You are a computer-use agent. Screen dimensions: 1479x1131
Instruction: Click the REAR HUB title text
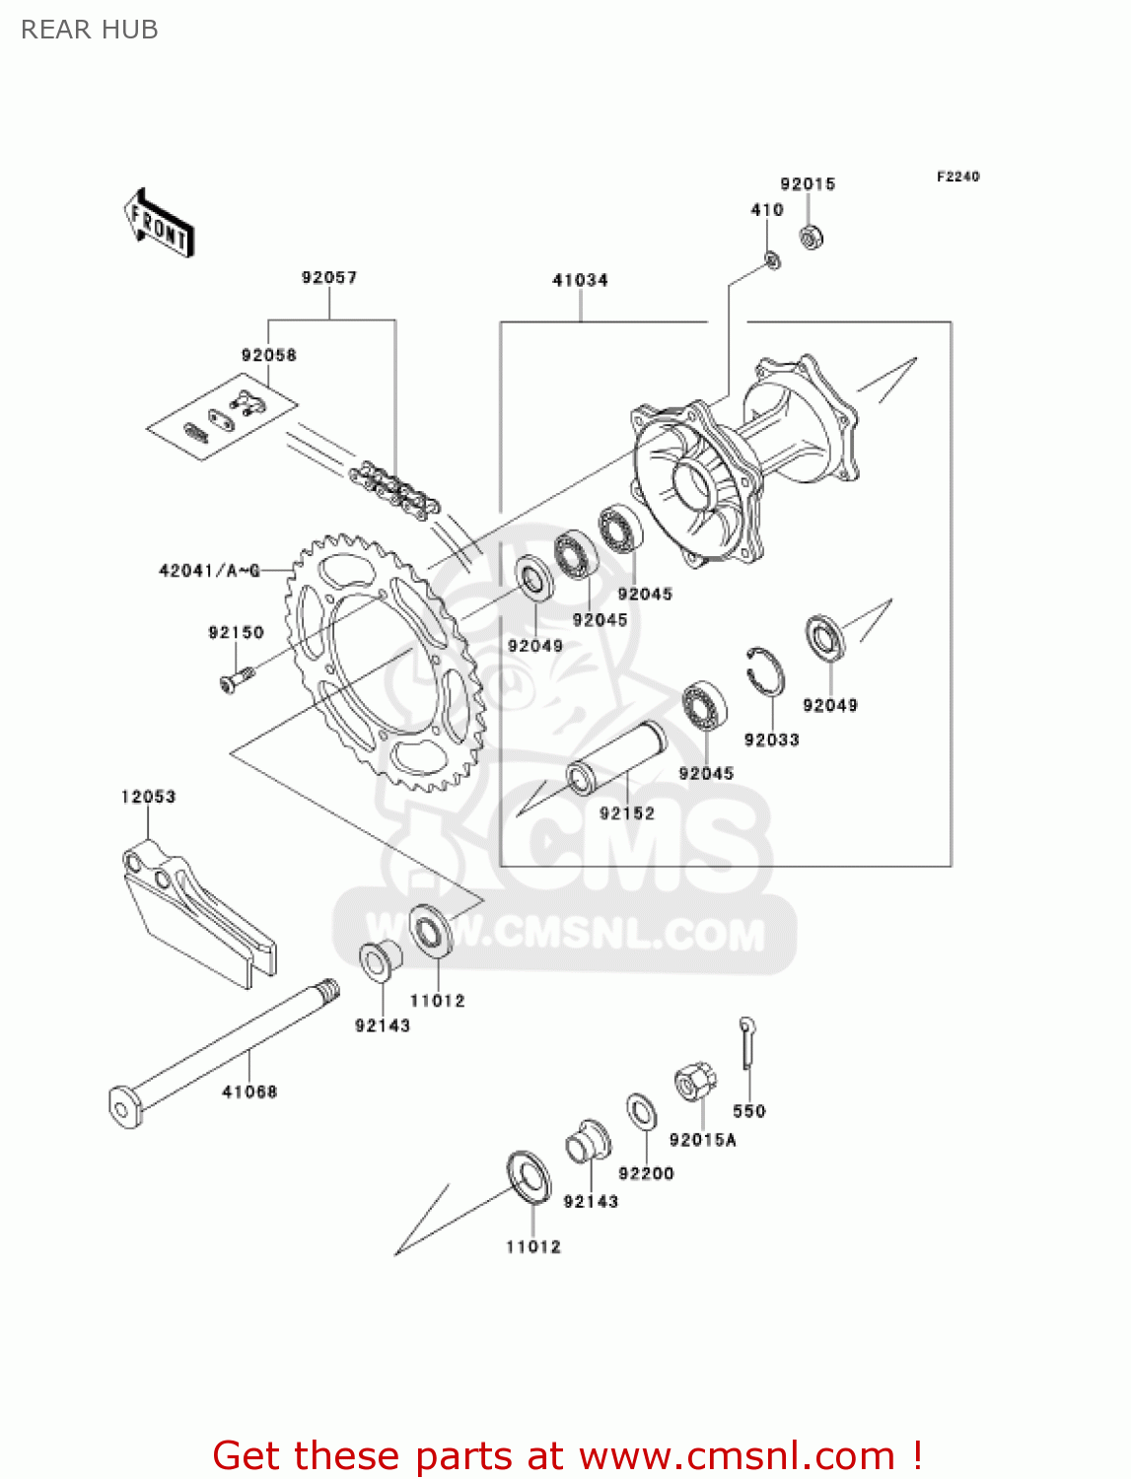point(90,30)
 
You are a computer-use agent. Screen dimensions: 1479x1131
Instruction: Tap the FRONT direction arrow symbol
point(159,224)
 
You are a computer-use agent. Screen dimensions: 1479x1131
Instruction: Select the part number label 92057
point(329,278)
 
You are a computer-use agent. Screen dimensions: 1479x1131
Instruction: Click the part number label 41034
point(580,280)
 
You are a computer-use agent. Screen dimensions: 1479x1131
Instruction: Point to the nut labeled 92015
point(812,237)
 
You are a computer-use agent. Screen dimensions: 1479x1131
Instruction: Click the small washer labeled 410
point(772,260)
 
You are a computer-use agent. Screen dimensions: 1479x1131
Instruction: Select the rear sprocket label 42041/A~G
point(209,571)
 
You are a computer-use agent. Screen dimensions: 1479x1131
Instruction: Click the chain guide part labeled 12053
point(197,912)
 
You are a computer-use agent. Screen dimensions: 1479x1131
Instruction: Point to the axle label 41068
point(249,1092)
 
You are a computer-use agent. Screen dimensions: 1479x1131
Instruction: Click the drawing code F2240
point(957,176)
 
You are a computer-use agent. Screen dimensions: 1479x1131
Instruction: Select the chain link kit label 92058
point(268,355)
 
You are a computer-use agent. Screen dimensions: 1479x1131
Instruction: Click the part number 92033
point(771,739)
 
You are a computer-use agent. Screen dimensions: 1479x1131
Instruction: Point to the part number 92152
point(626,813)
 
